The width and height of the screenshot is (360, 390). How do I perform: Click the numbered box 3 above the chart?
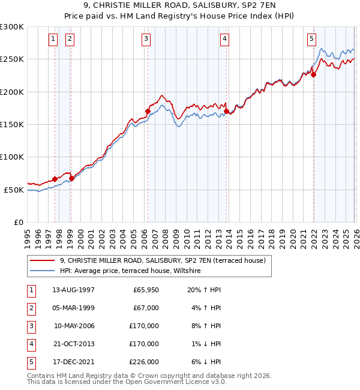(x=146, y=40)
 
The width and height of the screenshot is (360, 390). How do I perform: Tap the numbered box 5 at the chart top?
(x=311, y=40)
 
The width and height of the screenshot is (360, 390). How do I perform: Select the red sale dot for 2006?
(x=148, y=111)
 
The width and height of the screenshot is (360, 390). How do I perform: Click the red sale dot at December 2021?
(x=313, y=75)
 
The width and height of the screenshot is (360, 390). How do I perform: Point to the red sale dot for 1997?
(x=55, y=179)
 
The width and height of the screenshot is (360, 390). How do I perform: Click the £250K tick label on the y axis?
(x=12, y=59)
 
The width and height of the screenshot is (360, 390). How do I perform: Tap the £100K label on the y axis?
(x=12, y=157)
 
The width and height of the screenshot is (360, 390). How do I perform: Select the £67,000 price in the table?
(x=146, y=308)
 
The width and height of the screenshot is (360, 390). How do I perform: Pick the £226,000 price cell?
(x=144, y=362)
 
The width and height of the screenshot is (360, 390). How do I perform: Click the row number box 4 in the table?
(x=31, y=344)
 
